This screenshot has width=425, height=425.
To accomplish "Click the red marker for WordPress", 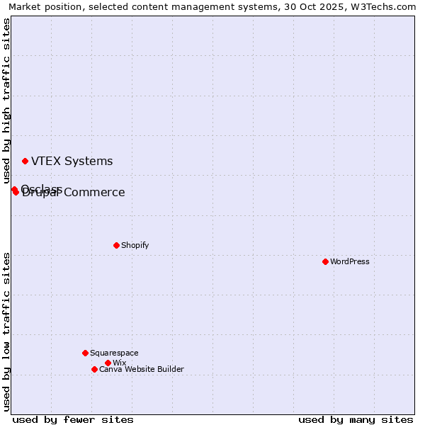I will pyautogui.click(x=325, y=261).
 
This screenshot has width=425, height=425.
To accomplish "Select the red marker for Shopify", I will pyautogui.click(x=116, y=245).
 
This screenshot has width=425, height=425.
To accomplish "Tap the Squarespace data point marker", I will pyautogui.click(x=85, y=353).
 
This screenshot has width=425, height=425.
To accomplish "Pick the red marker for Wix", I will pyautogui.click(x=108, y=363).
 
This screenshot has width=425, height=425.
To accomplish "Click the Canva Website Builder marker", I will pyautogui.click(x=94, y=369).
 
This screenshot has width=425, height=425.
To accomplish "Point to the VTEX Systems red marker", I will pyautogui.click(x=25, y=161).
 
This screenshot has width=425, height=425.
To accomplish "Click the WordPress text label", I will pyautogui.click(x=350, y=261).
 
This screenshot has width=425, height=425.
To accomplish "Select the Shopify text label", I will pyautogui.click(x=135, y=245).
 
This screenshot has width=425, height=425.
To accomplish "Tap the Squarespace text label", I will pyautogui.click(x=114, y=353).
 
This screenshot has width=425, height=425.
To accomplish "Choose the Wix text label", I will pyautogui.click(x=120, y=363).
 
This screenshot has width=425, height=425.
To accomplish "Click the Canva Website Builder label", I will pyautogui.click(x=142, y=369).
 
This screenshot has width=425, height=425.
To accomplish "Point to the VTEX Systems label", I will pyautogui.click(x=72, y=161).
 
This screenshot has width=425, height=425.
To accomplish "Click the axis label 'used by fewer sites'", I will pyautogui.click(x=73, y=419).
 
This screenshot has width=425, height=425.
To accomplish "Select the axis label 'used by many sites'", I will pyautogui.click(x=356, y=419).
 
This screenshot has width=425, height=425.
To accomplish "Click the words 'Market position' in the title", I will pyautogui.click(x=42, y=6).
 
